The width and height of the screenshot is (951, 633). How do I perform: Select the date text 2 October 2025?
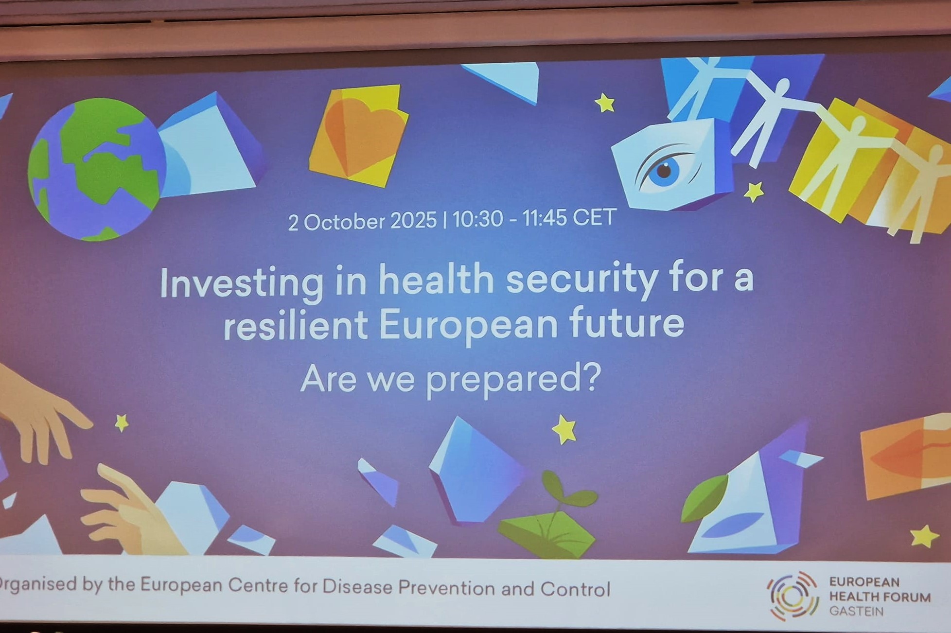pyautogui.click(x=362, y=222)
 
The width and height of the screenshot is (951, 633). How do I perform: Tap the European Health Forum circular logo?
pyautogui.click(x=792, y=596)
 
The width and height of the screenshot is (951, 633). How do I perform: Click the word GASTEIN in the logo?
pyautogui.click(x=857, y=611)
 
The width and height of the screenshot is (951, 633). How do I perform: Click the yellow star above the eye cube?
pyautogui.click(x=605, y=103)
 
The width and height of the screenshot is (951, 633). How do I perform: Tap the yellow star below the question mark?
pyautogui.click(x=564, y=429)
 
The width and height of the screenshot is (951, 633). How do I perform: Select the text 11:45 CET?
pyautogui.click(x=569, y=217)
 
